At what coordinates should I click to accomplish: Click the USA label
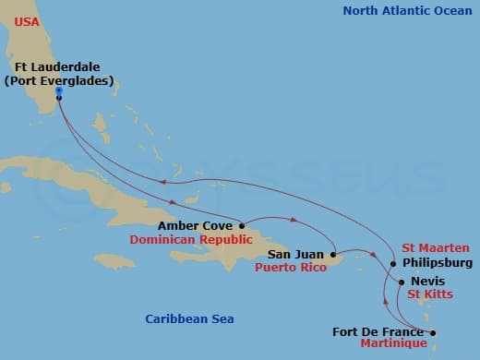(x=27, y=20)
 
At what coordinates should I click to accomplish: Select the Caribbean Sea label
(x=189, y=318)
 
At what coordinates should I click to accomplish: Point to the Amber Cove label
(x=196, y=224)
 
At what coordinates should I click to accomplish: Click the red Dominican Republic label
(x=185, y=238)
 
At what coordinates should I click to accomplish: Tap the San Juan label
(x=296, y=253)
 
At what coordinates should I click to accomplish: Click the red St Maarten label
(x=436, y=247)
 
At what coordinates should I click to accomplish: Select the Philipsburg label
(x=438, y=262)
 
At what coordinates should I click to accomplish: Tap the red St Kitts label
(x=429, y=294)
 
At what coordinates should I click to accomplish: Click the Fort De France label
(x=378, y=331)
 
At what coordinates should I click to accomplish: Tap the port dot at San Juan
(x=332, y=253)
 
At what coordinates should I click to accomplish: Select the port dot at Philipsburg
(x=393, y=262)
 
